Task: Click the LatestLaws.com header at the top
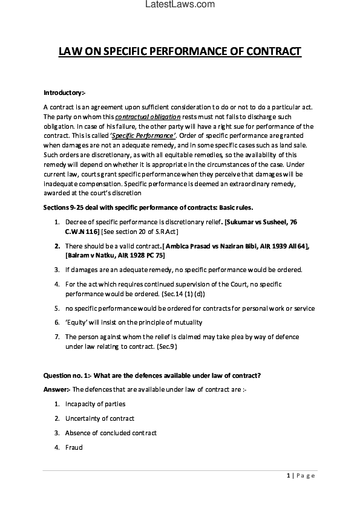pos(180,5)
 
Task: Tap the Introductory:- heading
pos(65,92)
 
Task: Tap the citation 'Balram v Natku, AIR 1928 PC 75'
pos(115,255)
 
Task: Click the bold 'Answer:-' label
pos(57,389)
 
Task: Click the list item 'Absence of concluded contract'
pos(111,433)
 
